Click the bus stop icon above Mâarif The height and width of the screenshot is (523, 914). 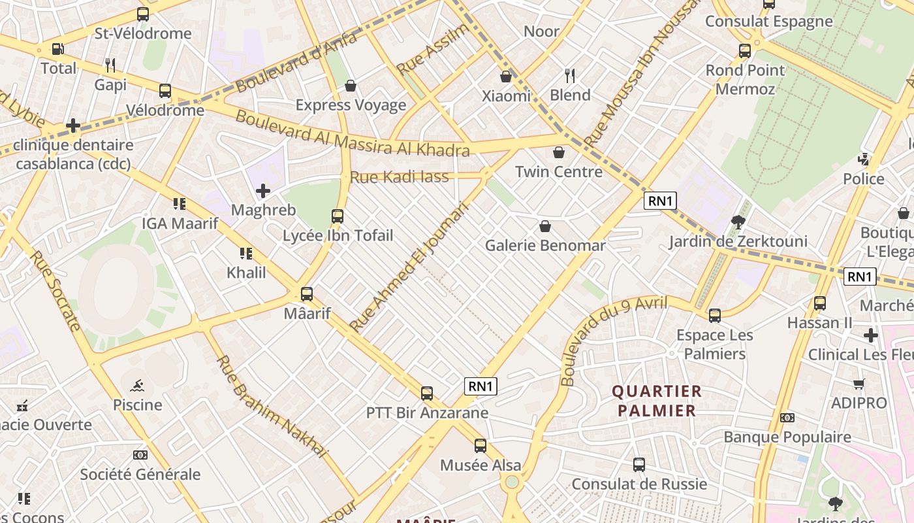tap(307, 294)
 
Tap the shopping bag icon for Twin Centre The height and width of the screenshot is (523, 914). tap(559, 153)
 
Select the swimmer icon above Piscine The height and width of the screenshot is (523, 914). tap(137, 385)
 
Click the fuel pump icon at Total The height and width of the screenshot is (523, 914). tap(58, 49)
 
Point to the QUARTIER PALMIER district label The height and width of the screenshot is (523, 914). tap(657, 401)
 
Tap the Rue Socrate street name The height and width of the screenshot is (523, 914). tap(55, 290)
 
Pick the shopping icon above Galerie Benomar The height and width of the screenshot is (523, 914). tap(545, 227)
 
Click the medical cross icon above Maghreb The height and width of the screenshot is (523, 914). tap(263, 191)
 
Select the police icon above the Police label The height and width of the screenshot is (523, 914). tap(864, 160)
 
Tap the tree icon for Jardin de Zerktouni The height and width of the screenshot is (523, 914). tap(738, 222)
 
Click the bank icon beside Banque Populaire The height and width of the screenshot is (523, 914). tap(787, 418)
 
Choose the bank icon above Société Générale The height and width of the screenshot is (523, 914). tap(140, 455)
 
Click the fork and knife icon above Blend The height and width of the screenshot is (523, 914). tap(570, 76)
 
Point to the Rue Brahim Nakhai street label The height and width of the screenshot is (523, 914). tap(270, 406)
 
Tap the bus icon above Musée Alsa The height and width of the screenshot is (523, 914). tap(481, 446)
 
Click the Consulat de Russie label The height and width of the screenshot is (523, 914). tap(639, 484)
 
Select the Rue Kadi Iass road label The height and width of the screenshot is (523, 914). tap(400, 177)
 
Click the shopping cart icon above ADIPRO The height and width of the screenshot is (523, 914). tap(859, 384)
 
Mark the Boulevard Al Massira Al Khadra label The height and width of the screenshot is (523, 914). tap(353, 134)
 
